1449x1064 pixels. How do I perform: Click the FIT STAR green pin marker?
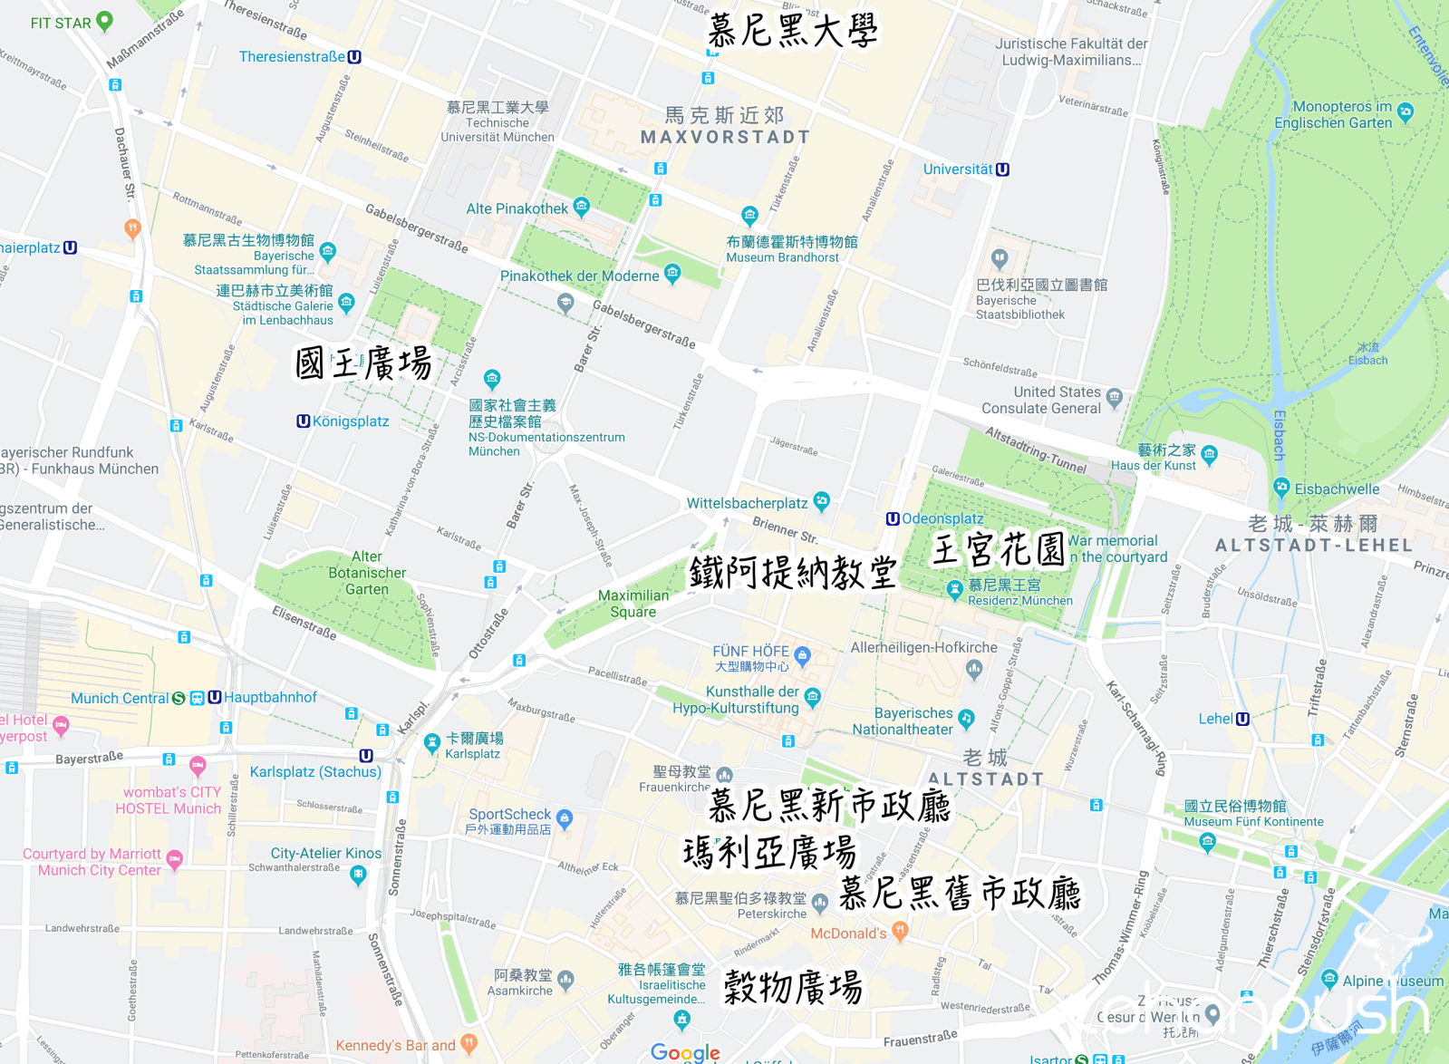pos(104,20)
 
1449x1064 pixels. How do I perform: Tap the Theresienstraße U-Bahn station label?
pos(292,56)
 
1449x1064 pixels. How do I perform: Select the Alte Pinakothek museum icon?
pos(582,206)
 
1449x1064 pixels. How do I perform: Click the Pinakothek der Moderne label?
pos(579,276)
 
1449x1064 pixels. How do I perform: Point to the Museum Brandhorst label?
pos(782,257)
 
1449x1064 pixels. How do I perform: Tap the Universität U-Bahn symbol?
pos(1002,169)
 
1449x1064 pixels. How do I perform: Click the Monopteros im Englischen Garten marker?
pos(1406,112)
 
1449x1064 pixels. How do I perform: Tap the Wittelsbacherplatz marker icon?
pos(821,499)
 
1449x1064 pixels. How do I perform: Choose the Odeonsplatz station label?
pos(942,518)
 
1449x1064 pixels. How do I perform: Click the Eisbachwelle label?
pos(1337,489)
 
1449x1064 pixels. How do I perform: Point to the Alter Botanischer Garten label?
pos(367,573)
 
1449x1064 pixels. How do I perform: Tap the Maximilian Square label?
pos(633,604)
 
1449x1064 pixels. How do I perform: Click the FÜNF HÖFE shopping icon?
pos(802,653)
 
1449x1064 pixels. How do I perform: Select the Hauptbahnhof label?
pos(270,697)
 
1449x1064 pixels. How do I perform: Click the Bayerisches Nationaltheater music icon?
pos(967,719)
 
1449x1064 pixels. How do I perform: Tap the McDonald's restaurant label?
pos(848,933)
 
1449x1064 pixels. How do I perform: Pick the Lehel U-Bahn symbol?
pos(1242,719)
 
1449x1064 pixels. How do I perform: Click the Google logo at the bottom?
pos(685,1052)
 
